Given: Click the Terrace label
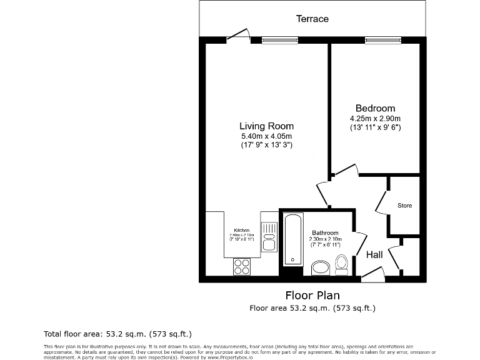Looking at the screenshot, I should pyautogui.click(x=312, y=19).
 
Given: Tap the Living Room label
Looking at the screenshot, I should pyautogui.click(x=266, y=126).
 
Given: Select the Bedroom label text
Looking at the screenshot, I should pyautogui.click(x=375, y=108).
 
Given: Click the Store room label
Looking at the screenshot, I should pyautogui.click(x=404, y=206).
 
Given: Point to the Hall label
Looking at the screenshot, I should pyautogui.click(x=374, y=254).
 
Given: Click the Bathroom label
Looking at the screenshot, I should pyautogui.click(x=326, y=232).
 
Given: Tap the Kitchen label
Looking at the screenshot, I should pyautogui.click(x=242, y=230).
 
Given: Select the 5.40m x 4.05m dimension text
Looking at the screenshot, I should pyautogui.click(x=266, y=136).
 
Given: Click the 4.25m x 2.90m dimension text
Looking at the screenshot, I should pyautogui.click(x=375, y=118).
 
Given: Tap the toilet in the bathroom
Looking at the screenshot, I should pyautogui.click(x=342, y=264).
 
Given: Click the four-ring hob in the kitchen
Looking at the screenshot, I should pyautogui.click(x=242, y=267).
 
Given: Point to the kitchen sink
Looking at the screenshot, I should pyautogui.click(x=269, y=237).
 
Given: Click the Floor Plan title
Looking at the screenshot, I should pyautogui.click(x=312, y=295).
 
